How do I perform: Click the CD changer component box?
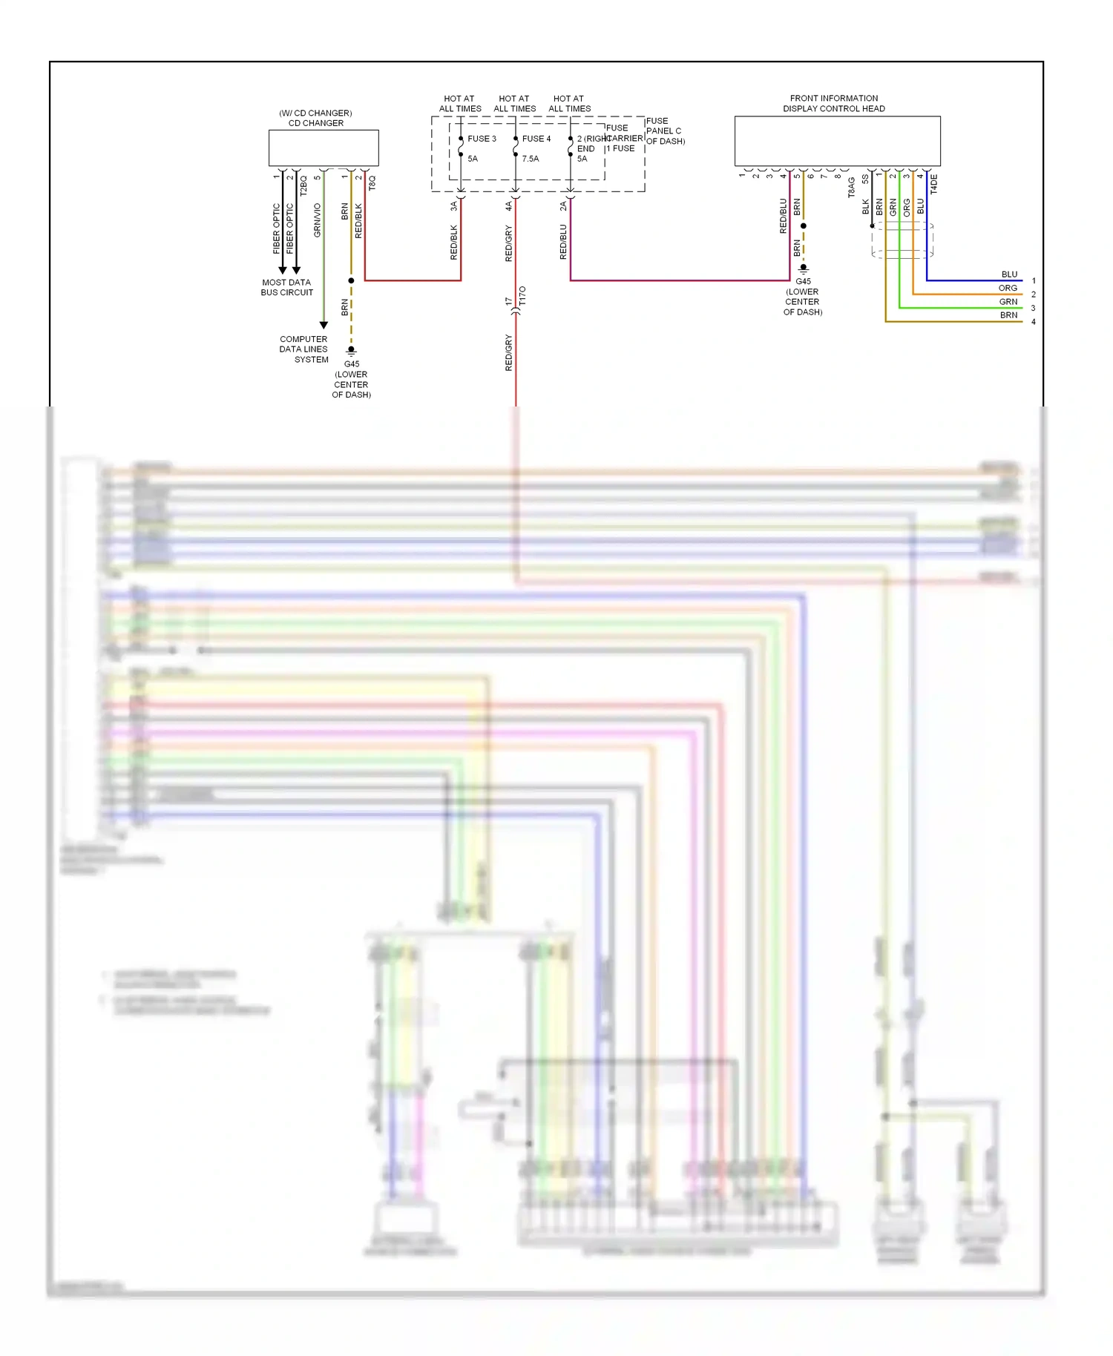pos(324,148)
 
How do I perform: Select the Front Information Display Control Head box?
pos(837,141)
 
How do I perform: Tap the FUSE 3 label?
pos(482,139)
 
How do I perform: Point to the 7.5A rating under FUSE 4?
pos(530,159)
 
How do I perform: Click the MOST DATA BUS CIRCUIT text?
pos(286,287)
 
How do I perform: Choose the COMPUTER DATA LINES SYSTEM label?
pos(304,349)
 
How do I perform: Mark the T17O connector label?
pos(522,296)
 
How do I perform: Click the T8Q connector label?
pos(372,182)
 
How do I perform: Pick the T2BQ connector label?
pos(303,185)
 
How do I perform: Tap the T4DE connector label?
pos(933,184)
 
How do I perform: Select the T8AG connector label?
pos(852,187)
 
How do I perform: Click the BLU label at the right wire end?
pos(1009,274)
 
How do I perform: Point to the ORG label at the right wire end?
pos(1008,288)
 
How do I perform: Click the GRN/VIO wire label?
pos(318,220)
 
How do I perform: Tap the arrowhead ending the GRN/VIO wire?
pos(324,325)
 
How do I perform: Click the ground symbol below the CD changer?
pos(352,350)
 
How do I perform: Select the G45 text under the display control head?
pos(803,282)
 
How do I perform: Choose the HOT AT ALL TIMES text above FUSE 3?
pos(460,103)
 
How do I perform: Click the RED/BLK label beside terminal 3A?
pos(454,243)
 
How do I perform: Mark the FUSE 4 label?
pos(536,139)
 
